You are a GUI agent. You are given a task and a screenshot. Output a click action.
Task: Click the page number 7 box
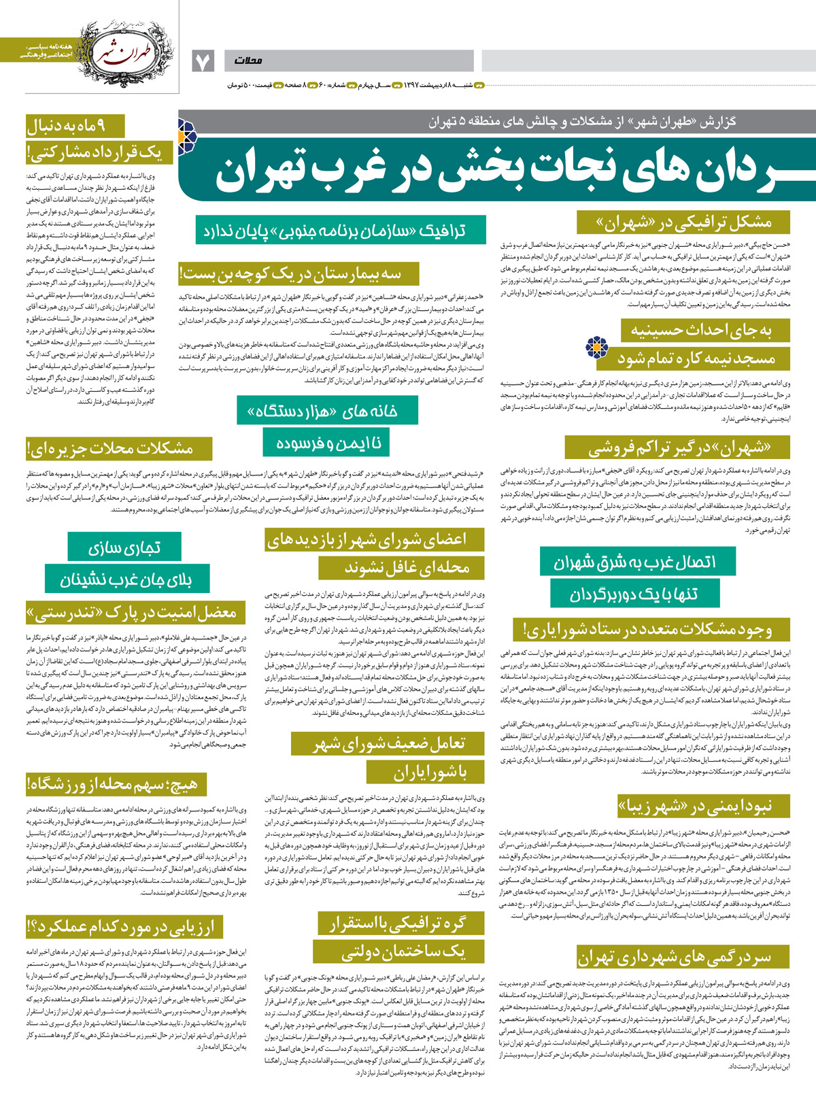(203, 61)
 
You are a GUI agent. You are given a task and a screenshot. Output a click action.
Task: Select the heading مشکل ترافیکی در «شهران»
(683, 223)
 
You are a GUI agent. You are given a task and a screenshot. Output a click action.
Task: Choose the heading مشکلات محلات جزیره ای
(110, 448)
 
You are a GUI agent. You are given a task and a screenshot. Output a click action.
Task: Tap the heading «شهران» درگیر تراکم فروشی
(679, 448)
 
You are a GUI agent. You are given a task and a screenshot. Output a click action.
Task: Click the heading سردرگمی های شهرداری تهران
(675, 958)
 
